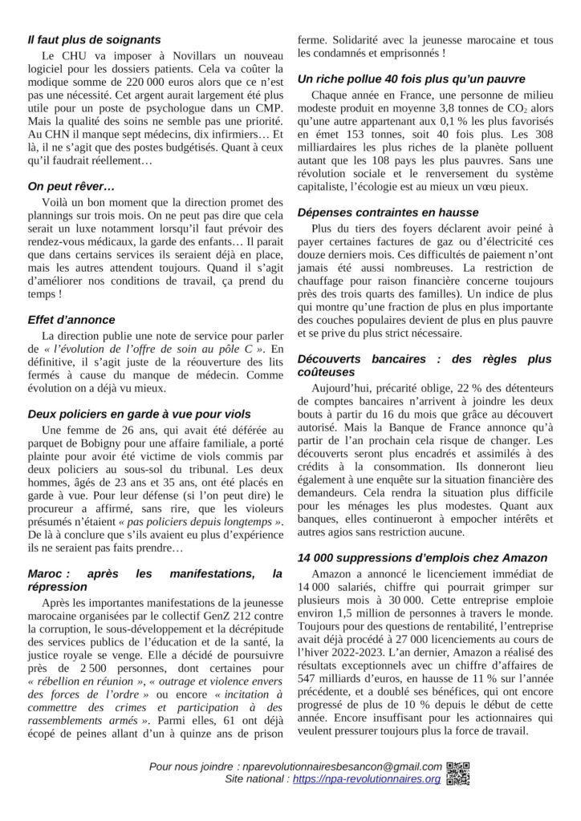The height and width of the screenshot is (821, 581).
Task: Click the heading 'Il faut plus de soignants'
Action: [94, 39]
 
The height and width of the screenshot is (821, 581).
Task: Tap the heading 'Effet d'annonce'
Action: [71, 319]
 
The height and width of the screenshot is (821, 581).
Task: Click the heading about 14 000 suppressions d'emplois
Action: [422, 557]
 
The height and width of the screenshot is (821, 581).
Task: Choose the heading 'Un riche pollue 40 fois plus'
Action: [411, 79]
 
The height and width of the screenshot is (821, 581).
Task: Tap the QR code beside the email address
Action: [457, 772]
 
